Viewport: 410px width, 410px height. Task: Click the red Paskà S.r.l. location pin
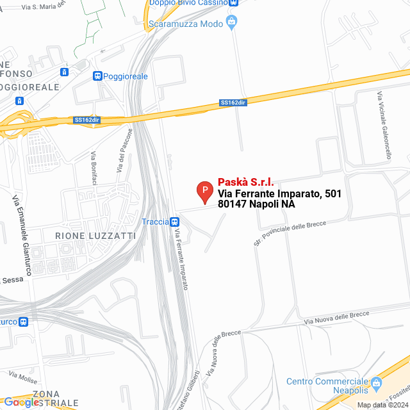(204, 191)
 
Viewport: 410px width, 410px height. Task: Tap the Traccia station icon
(175, 222)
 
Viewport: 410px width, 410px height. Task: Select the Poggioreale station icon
(97, 76)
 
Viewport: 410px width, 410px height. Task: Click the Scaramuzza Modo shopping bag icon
(232, 24)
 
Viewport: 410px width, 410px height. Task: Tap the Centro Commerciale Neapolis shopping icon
(376, 382)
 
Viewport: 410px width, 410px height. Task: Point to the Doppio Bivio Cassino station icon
(234, 3)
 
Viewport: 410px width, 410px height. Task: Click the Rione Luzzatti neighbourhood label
(95, 236)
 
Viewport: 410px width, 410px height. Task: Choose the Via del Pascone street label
(125, 150)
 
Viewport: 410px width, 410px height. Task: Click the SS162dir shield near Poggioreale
(87, 120)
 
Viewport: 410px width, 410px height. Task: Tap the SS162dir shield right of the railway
(233, 102)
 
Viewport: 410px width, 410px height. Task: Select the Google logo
(21, 402)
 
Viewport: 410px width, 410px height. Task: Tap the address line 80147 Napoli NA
(256, 204)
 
